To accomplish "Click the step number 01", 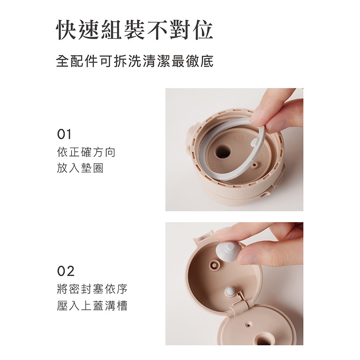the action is point(64,135).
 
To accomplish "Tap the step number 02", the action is point(66,271).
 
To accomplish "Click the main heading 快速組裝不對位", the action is point(134,30).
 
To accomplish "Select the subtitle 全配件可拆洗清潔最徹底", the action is point(135,61).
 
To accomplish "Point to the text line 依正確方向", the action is point(86,152).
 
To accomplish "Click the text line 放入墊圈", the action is point(80,168).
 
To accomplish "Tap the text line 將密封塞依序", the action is point(92,289).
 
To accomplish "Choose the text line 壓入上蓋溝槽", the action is point(92,306).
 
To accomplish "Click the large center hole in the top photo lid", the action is point(223,152).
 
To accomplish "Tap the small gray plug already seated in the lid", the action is point(230,292).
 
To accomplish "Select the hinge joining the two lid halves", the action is point(239,303).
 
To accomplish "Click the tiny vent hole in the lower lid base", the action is point(248,324).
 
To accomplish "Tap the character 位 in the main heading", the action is point(203,30).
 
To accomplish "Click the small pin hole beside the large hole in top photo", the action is point(254,164).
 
